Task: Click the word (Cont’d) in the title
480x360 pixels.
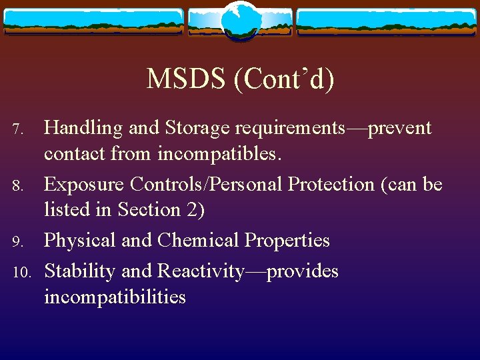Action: [283, 79]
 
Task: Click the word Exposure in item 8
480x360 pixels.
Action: [84, 184]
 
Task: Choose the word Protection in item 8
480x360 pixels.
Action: [338, 184]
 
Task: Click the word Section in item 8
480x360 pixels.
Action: [150, 210]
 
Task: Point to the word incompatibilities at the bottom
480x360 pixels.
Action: [115, 297]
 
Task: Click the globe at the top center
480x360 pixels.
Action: [239, 20]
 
